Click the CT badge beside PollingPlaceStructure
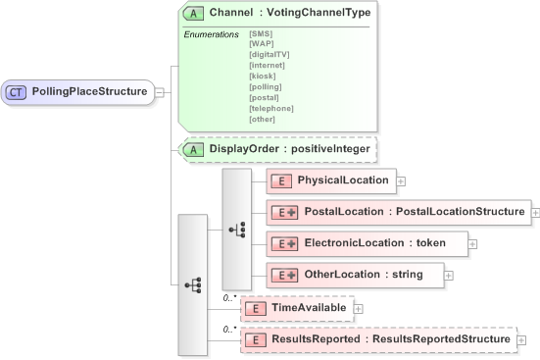17,92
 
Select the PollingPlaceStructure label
89,92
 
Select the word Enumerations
211,34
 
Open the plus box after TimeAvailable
357,308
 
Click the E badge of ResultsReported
255,339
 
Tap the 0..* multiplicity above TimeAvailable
231,295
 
